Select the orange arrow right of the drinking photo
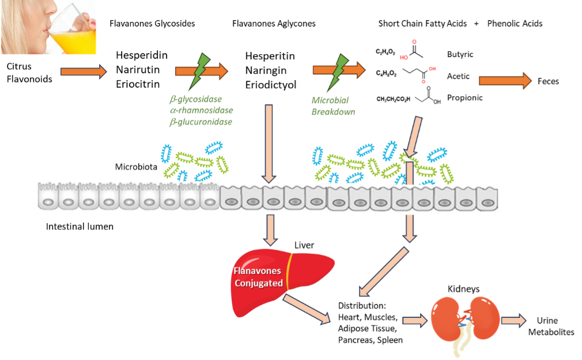[x=84, y=72]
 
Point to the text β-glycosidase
[x=196, y=99]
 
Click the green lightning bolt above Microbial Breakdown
[x=341, y=67]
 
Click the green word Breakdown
[x=333, y=112]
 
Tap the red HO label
[x=404, y=58]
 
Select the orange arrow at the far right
[x=505, y=81]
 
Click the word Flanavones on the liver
[x=258, y=271]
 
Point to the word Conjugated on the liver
[x=259, y=283]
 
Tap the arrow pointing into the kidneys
[x=415, y=320]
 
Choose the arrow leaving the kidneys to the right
[x=513, y=320]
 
